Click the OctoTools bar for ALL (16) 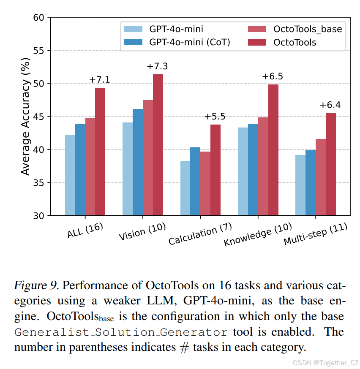[x=100, y=152]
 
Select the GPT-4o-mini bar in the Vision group [x=128, y=169]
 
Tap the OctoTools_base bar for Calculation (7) [x=205, y=183]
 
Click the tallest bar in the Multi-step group [x=331, y=164]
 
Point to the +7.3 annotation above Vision [x=157, y=66]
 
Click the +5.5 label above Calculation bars [x=215, y=117]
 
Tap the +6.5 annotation [x=273, y=76]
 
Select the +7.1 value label [x=100, y=80]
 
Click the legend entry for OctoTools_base [x=308, y=29]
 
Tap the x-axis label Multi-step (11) [x=315, y=234]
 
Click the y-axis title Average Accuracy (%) [x=26, y=117]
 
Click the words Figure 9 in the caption [x=36, y=285]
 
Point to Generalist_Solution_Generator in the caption [x=122, y=332]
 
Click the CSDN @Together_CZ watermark [x=326, y=362]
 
